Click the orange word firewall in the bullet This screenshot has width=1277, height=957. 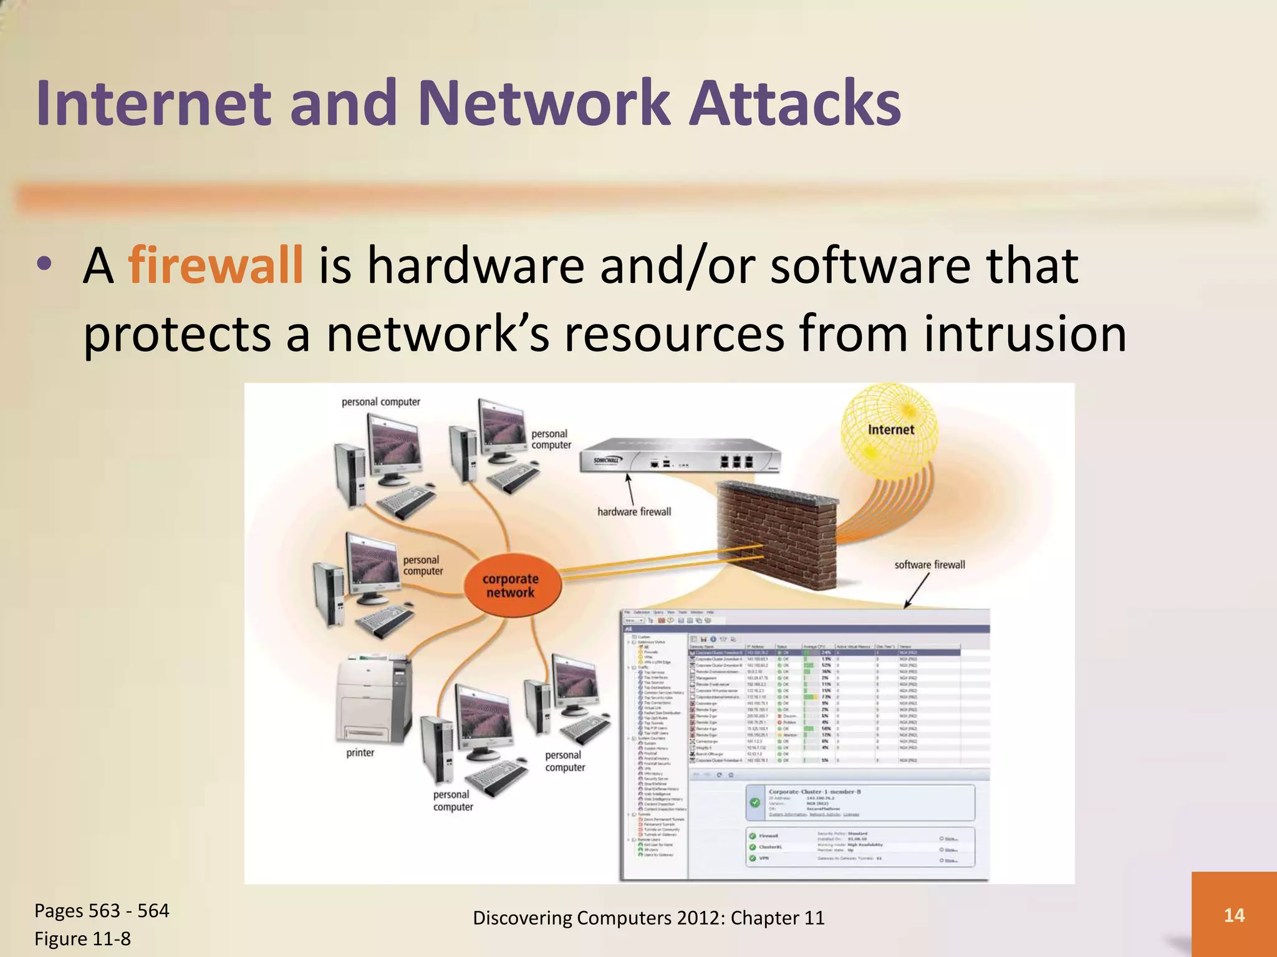[x=215, y=265]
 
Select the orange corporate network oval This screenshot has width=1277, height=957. [x=512, y=586]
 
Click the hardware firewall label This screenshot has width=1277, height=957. [x=634, y=512]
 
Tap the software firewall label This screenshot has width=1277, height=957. [x=929, y=565]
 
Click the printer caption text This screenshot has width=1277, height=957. [x=360, y=753]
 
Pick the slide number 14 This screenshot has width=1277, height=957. [x=1234, y=915]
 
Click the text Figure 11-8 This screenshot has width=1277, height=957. [x=82, y=938]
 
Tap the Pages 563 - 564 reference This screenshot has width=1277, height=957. [x=102, y=911]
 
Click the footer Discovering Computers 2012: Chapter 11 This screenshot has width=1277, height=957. [x=648, y=918]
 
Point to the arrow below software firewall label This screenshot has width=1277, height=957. [x=917, y=589]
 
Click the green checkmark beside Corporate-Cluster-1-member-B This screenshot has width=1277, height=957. [x=755, y=802]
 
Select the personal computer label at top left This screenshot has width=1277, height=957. [x=380, y=402]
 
